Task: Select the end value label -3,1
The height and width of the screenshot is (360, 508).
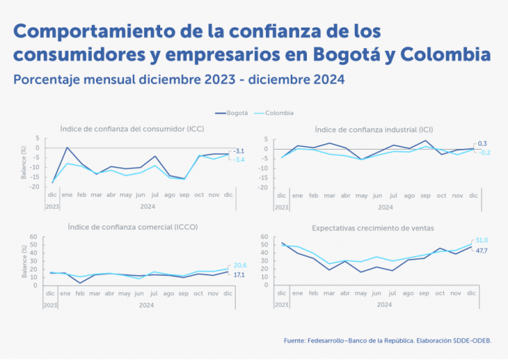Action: [238, 152]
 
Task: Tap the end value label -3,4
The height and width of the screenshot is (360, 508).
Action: [238, 160]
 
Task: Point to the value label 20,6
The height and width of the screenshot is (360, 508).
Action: [240, 265]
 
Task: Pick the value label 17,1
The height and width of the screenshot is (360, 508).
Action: [239, 275]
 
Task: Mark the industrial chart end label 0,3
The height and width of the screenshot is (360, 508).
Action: [483, 144]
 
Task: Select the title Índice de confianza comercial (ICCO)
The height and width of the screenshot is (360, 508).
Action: [133, 227]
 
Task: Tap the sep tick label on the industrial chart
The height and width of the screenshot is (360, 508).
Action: [425, 195]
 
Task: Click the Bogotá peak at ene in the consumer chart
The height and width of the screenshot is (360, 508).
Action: [67, 148]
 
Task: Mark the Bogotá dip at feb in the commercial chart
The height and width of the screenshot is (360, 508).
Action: [82, 283]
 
